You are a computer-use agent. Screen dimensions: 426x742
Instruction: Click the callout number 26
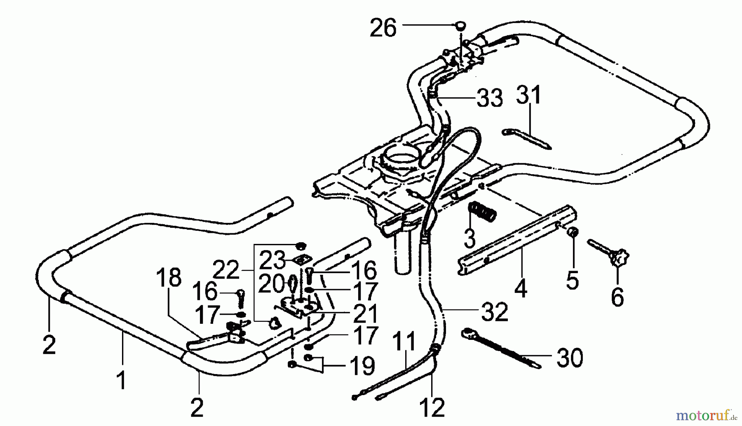383,28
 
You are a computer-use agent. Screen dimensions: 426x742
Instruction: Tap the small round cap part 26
460,26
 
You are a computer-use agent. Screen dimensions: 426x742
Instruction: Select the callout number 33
490,99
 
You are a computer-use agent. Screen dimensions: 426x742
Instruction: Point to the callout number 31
529,96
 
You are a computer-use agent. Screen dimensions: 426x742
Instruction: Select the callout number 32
495,313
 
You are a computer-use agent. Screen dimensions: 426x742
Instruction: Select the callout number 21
366,314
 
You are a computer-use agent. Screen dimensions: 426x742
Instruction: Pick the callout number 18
169,278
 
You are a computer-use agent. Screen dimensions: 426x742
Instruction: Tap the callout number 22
226,271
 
